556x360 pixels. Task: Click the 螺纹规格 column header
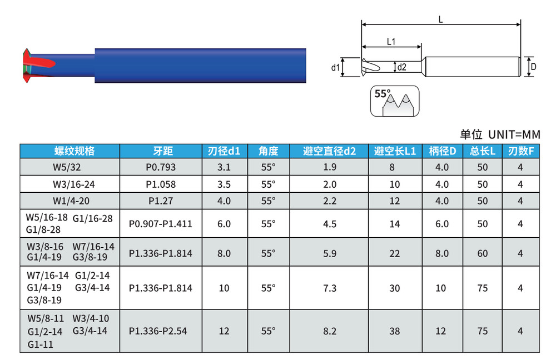pos(75,151)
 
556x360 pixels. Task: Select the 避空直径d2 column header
pos(329,151)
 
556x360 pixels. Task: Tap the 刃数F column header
pos(520,151)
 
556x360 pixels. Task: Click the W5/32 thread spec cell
pos(67,167)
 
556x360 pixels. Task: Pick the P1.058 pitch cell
pos(161,184)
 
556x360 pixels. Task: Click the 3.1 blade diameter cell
pos(224,167)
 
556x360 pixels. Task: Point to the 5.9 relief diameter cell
pos(329,253)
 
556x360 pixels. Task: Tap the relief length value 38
pos(395,331)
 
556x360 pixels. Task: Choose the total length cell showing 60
pos(482,253)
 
